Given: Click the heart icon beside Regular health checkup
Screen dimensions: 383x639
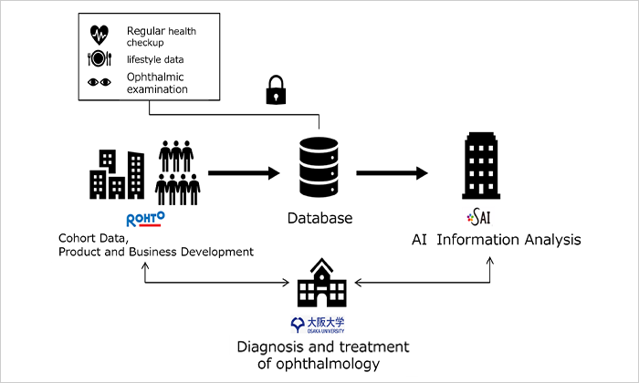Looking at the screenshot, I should [100, 35].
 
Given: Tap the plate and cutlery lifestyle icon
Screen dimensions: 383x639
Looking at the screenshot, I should [100, 59].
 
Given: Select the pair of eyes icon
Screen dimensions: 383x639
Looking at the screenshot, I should [100, 82].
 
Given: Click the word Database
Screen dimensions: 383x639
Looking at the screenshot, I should [319, 219].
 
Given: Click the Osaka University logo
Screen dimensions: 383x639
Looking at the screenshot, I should [319, 324].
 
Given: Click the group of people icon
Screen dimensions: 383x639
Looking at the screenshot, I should [178, 172].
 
